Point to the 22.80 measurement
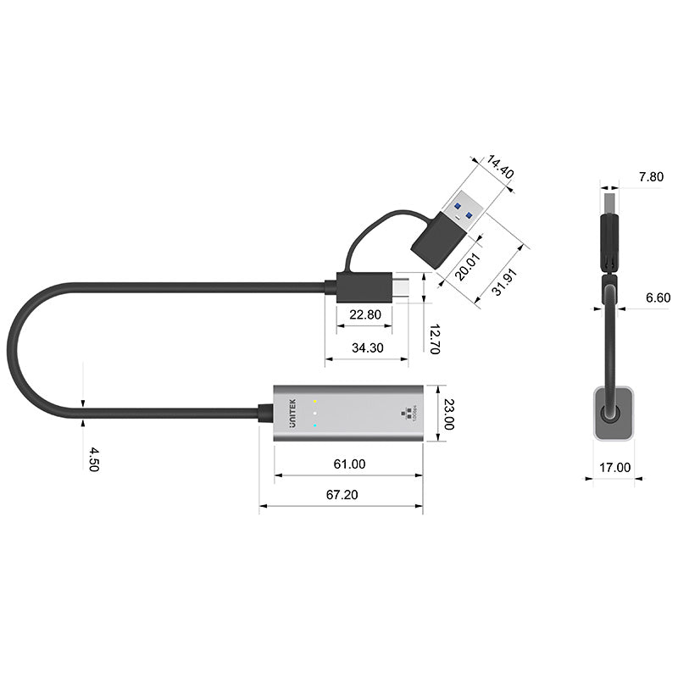click(365, 314)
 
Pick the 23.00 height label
click(449, 414)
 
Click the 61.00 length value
click(349, 464)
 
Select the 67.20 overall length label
click(343, 495)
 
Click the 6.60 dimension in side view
click(657, 297)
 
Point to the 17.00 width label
click(616, 466)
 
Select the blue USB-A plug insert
click(464, 209)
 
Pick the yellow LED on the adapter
click(315, 401)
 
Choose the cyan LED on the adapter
click(315, 425)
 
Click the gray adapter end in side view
click(612, 413)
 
